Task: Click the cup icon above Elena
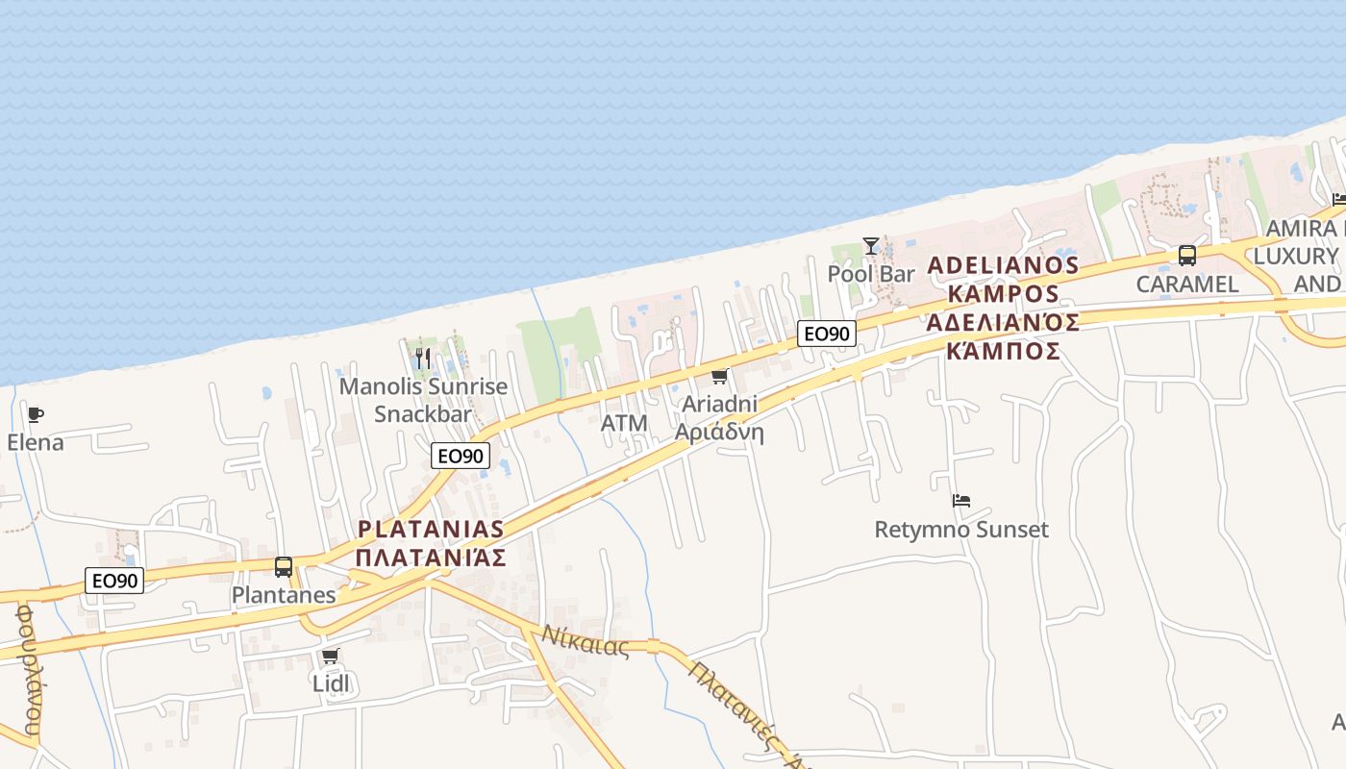click(36, 415)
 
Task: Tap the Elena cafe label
click(36, 443)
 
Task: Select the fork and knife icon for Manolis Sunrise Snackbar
click(423, 359)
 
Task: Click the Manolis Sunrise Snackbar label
click(423, 400)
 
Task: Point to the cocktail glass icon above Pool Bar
click(871, 246)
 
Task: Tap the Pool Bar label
click(871, 274)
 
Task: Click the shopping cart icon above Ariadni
click(719, 376)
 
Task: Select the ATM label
click(624, 423)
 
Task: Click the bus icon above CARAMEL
click(1187, 256)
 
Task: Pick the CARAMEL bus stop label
click(1187, 284)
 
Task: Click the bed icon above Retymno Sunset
click(961, 501)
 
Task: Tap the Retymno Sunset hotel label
click(961, 530)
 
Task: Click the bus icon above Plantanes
click(284, 567)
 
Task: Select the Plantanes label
click(284, 595)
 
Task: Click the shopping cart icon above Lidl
click(331, 656)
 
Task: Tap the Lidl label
click(331, 683)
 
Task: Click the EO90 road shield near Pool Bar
click(827, 334)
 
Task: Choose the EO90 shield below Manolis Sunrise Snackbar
click(461, 456)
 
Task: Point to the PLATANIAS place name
click(431, 529)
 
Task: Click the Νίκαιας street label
click(585, 640)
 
